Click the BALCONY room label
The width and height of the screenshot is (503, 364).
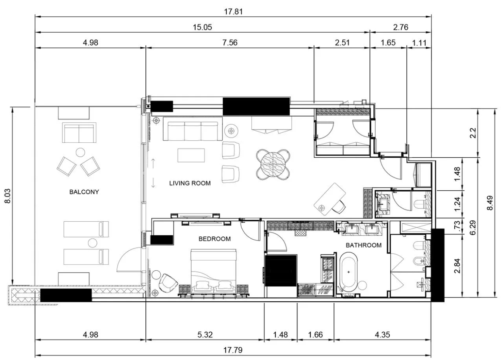pyautogui.click(x=84, y=192)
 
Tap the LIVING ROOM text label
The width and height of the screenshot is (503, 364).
pyautogui.click(x=190, y=183)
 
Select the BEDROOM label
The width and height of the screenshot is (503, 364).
pyautogui.click(x=214, y=239)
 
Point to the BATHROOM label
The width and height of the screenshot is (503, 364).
pyautogui.click(x=364, y=245)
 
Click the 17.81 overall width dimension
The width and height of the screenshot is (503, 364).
pyautogui.click(x=233, y=12)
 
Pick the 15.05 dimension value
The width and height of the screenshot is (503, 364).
pyautogui.click(x=202, y=27)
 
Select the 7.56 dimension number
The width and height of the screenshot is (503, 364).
pyautogui.click(x=230, y=43)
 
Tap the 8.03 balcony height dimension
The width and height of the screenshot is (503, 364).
pyautogui.click(x=8, y=196)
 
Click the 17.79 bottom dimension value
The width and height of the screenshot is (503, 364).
pyautogui.click(x=233, y=350)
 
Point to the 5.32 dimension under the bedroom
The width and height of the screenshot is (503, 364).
pyautogui.click(x=205, y=335)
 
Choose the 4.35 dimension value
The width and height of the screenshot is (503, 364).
pyautogui.click(x=383, y=335)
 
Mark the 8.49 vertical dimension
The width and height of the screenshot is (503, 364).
pyautogui.click(x=490, y=203)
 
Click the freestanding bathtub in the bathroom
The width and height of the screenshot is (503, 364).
pyautogui.click(x=348, y=272)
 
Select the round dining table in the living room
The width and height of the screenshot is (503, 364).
pyautogui.click(x=273, y=165)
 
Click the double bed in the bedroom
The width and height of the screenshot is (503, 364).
pyautogui.click(x=213, y=272)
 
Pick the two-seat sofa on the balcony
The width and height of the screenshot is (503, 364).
pyautogui.click(x=79, y=133)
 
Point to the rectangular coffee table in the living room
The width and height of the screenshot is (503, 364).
pyautogui.click(x=191, y=155)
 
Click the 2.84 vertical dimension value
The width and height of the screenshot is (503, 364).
pyautogui.click(x=457, y=266)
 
